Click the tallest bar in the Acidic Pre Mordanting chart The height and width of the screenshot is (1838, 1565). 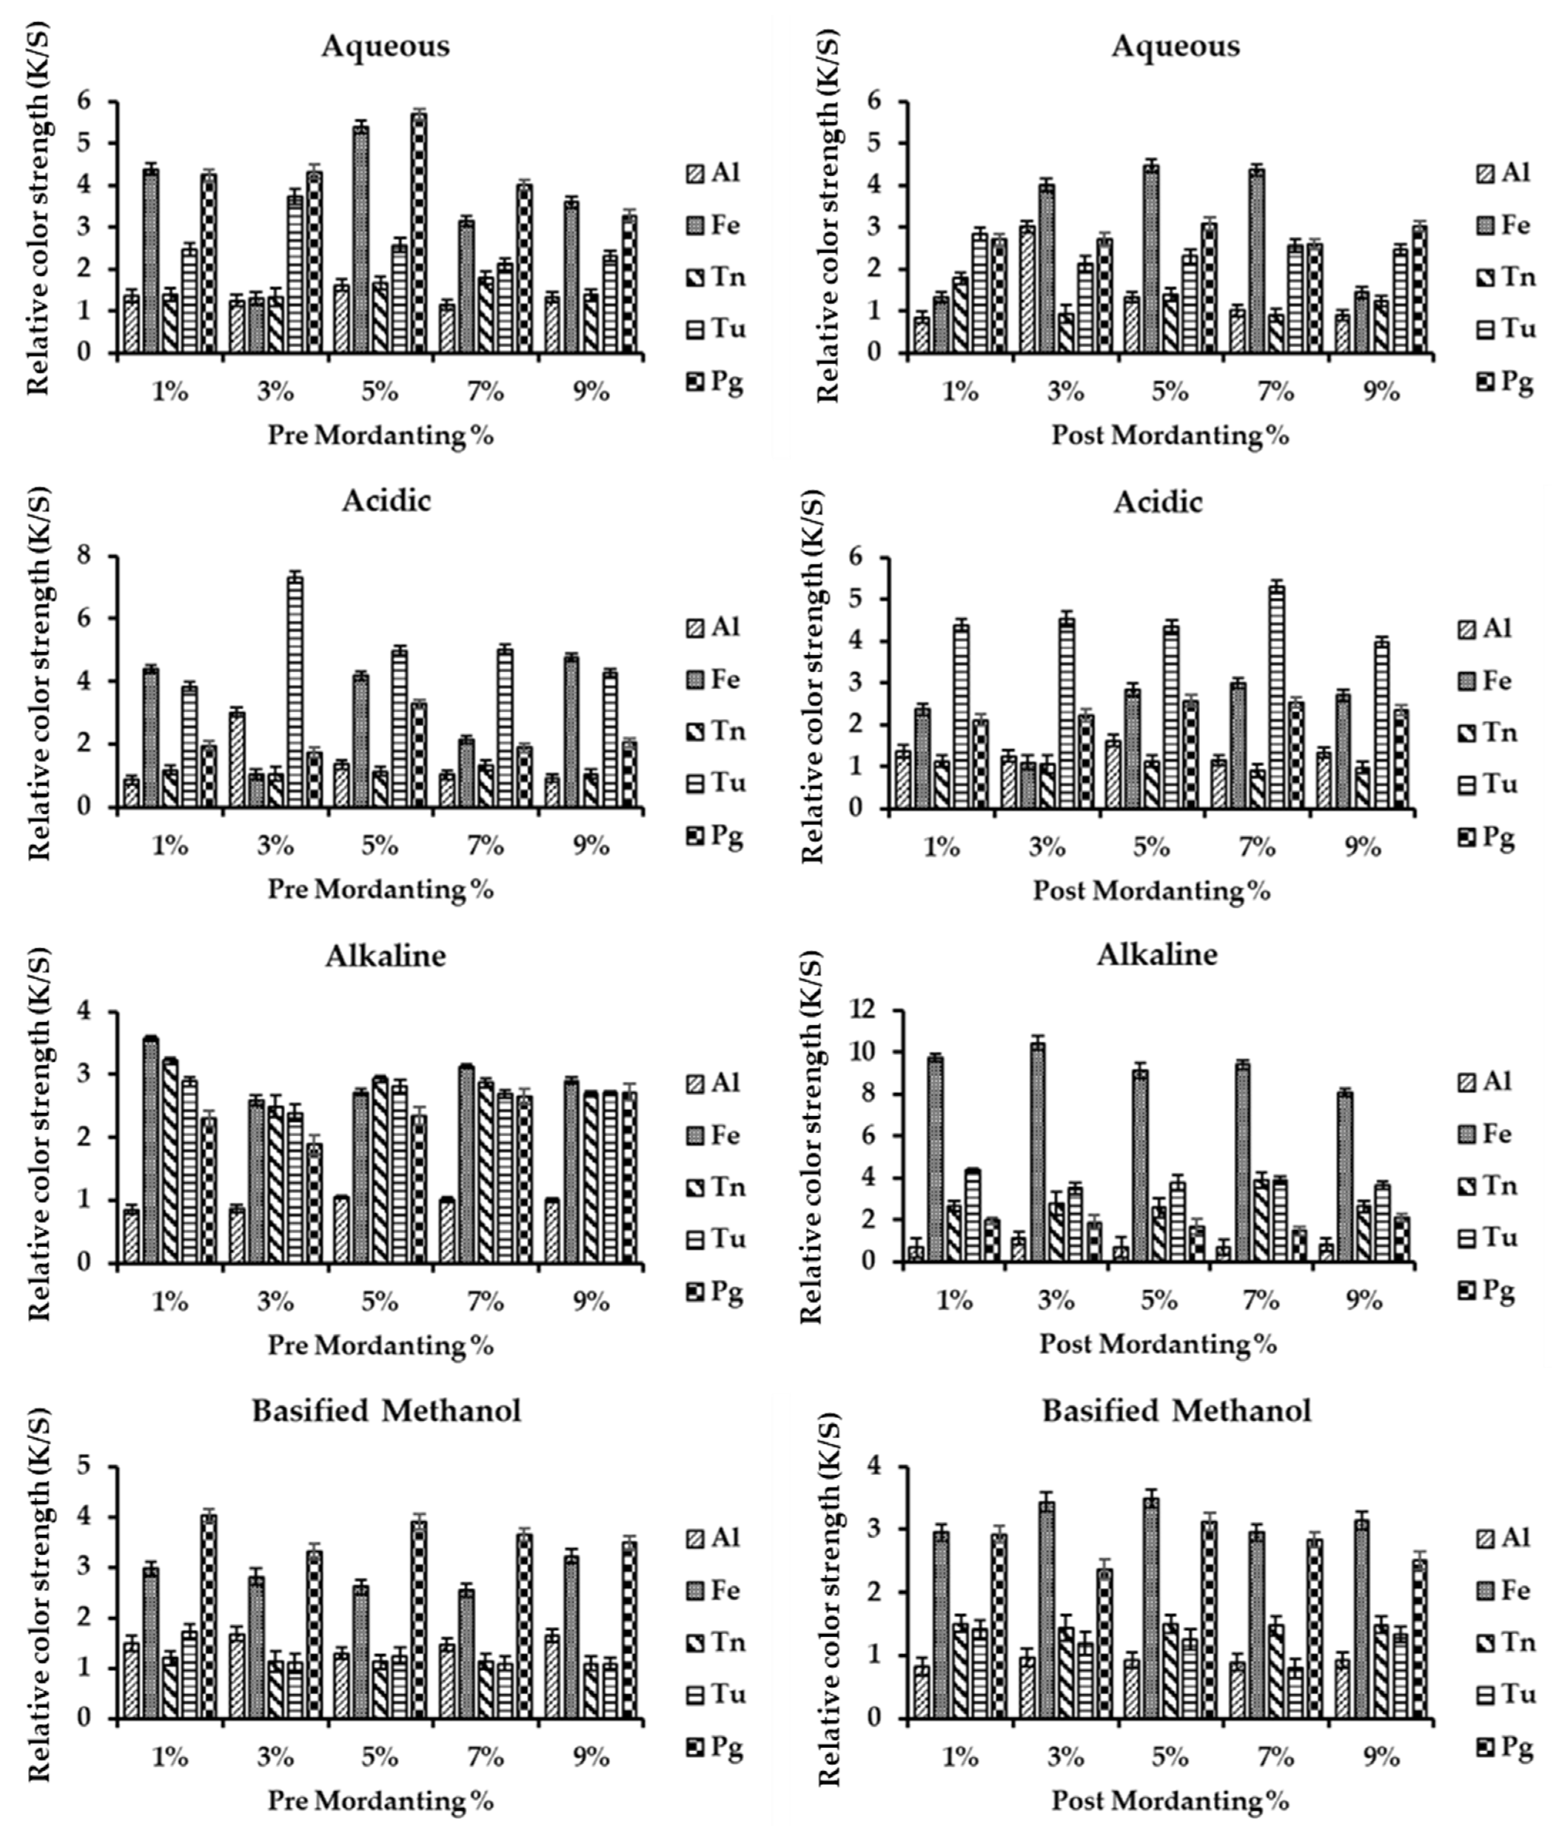(295, 692)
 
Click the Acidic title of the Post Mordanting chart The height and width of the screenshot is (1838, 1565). (1158, 502)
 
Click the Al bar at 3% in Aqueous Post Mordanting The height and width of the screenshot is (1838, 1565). (1027, 288)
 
